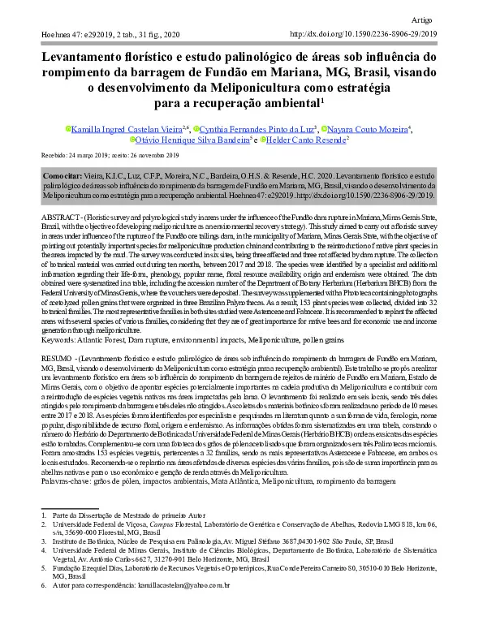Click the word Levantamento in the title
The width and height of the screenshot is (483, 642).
point(89,58)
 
